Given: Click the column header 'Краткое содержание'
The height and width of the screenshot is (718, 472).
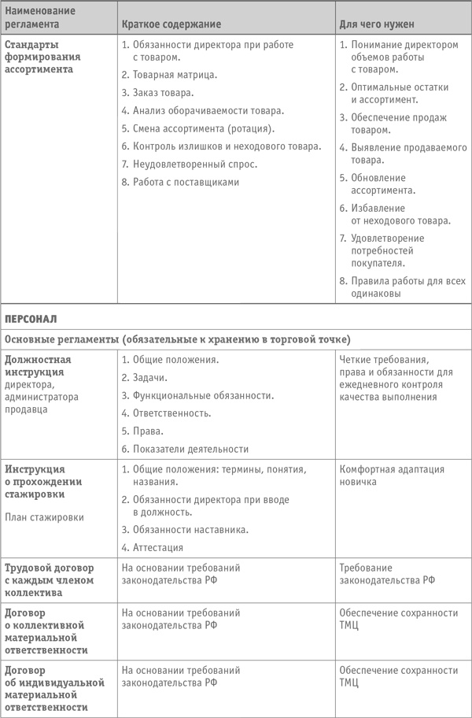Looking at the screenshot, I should coord(171,25).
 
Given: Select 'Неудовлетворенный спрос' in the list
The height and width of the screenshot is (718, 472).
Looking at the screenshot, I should coord(195,165).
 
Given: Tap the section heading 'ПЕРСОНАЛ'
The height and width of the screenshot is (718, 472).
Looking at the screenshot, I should coord(31,320).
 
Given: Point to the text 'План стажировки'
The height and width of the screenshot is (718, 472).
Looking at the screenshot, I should coord(38,517).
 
